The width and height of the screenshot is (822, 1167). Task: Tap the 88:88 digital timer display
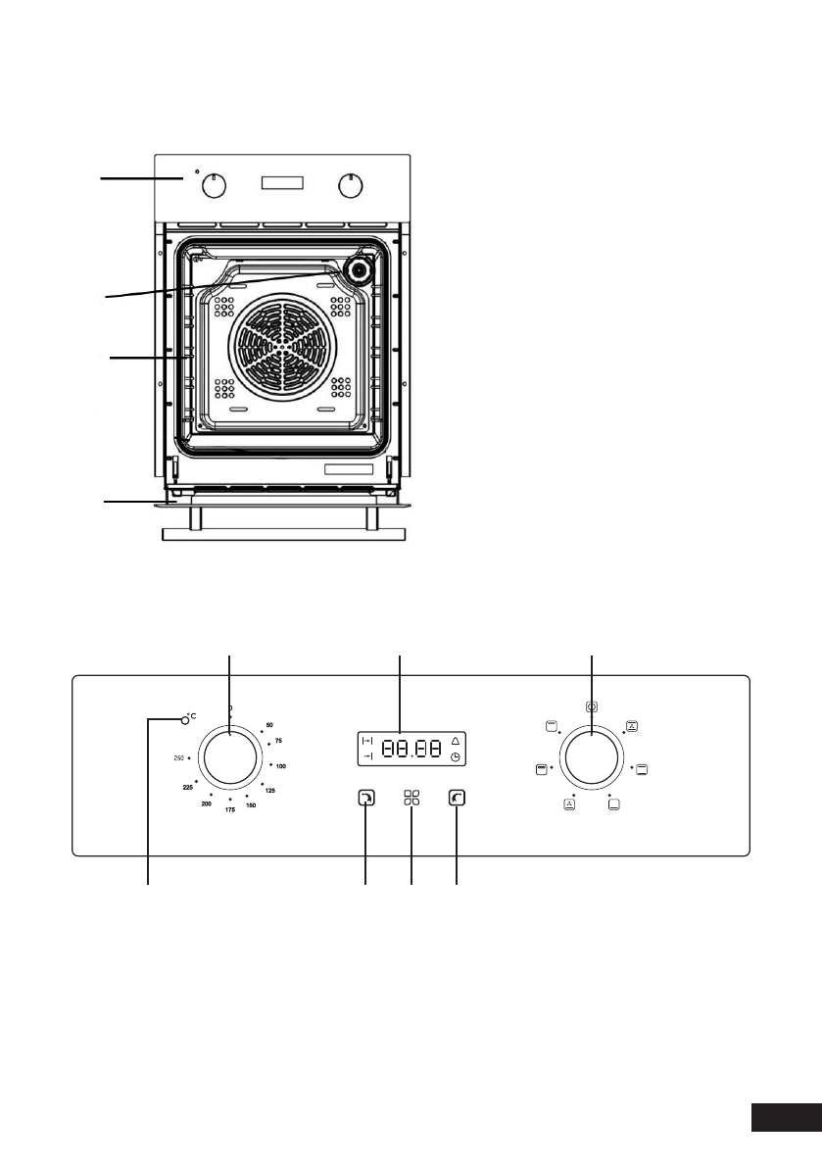click(x=411, y=750)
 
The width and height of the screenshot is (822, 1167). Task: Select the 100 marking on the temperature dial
click(x=280, y=765)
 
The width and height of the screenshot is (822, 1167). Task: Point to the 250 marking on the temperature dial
click(x=179, y=758)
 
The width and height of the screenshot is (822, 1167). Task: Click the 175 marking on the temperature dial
click(x=230, y=809)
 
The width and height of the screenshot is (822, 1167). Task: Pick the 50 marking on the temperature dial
click(x=269, y=725)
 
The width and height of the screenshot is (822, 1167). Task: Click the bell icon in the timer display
click(x=455, y=740)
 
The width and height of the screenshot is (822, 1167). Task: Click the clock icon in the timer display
click(x=455, y=758)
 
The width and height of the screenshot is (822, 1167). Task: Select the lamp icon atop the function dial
click(x=593, y=705)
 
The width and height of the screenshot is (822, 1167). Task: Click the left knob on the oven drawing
click(x=219, y=185)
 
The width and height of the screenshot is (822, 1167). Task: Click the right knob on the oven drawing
click(x=347, y=185)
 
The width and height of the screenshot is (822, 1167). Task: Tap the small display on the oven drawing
click(x=282, y=184)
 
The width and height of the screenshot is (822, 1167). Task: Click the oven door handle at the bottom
click(x=282, y=533)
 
